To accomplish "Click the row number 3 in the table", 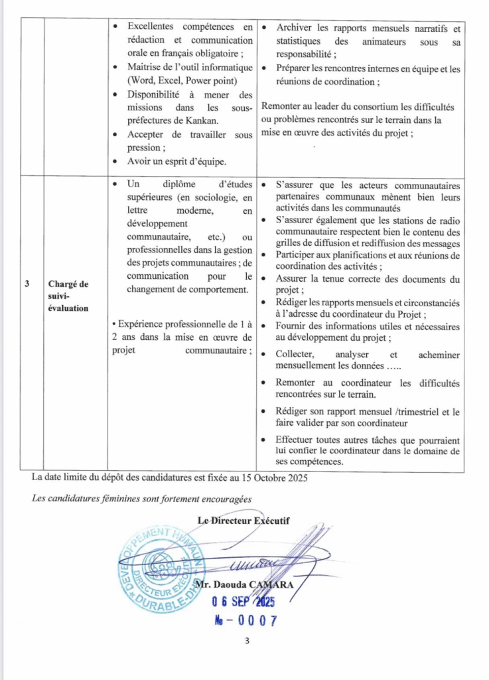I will coord(27,284).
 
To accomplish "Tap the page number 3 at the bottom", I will coord(245,641).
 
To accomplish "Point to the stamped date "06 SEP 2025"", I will coord(243,602).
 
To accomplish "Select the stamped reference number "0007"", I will coord(251,621).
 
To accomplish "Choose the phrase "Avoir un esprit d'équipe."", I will coord(176,161).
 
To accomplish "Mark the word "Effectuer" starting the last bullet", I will coord(297,440).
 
